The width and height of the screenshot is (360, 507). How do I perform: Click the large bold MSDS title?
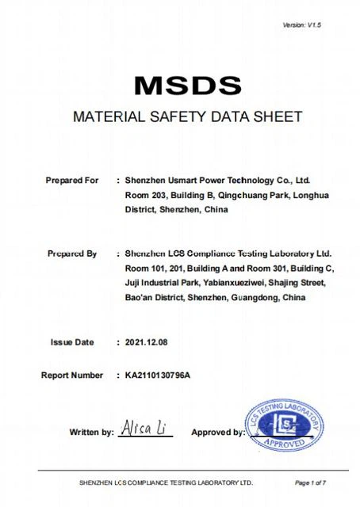(186, 84)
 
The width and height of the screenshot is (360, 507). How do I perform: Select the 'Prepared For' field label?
(72, 181)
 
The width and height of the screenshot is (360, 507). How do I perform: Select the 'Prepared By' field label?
(71, 253)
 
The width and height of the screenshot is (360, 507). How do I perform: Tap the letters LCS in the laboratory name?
(178, 253)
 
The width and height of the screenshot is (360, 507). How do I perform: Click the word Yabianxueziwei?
(231, 283)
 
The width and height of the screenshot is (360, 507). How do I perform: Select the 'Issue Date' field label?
(72, 342)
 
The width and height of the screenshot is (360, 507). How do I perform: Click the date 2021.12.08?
(147, 342)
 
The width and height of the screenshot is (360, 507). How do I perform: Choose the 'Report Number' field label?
(71, 375)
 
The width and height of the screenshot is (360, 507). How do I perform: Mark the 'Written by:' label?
(91, 433)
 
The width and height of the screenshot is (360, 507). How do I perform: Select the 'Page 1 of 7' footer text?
(310, 482)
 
